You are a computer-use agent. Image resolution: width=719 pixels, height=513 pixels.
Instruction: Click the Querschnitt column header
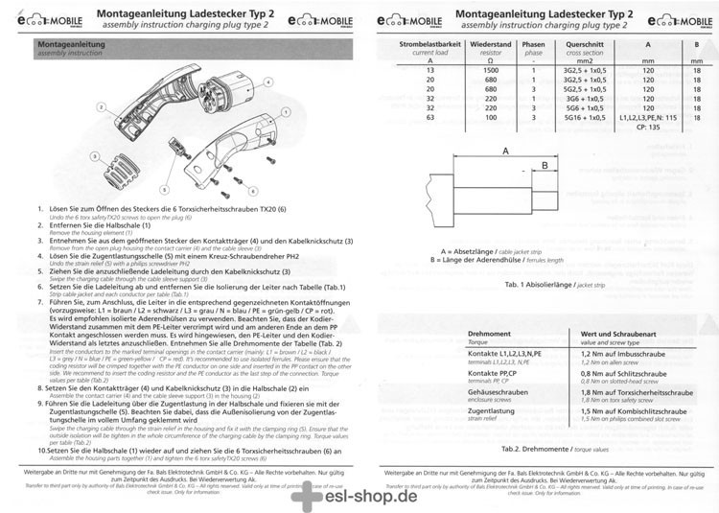585,45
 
